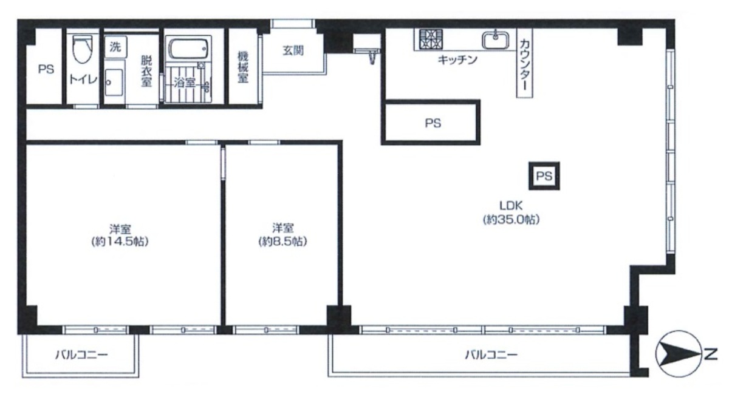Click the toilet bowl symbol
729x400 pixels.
[83, 48]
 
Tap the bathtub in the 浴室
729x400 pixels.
[188, 49]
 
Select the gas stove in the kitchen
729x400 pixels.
[431, 39]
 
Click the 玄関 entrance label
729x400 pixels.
[293, 50]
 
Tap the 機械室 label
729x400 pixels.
[243, 67]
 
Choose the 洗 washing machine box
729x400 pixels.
[115, 47]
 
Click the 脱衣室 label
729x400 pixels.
[146, 71]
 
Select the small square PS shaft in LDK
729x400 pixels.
[544, 176]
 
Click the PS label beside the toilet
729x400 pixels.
[46, 69]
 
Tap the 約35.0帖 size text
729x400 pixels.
[512, 220]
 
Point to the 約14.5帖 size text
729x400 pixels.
[120, 242]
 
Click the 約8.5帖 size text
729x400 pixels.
[283, 242]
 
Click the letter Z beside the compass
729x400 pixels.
[711, 354]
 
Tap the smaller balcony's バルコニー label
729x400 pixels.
[81, 354]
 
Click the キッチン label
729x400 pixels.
[457, 60]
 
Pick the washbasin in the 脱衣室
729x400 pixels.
[114, 83]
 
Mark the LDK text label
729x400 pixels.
[512, 206]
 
